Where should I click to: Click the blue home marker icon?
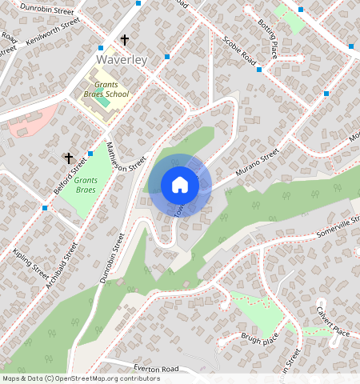(180, 185)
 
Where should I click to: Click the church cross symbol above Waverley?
(125, 39)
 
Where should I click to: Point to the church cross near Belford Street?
(69, 158)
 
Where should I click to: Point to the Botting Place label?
(268, 38)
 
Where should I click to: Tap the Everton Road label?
(156, 369)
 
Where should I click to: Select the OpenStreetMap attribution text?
(81, 378)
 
